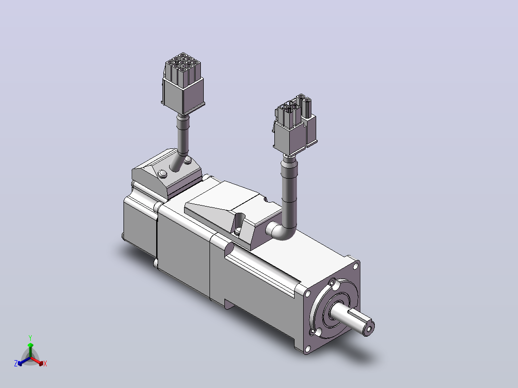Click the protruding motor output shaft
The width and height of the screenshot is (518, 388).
click(352, 318)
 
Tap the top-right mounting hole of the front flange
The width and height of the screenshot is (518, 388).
click(356, 265)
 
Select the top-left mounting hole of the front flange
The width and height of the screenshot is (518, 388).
click(308, 293)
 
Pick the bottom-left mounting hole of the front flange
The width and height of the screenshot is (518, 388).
click(308, 348)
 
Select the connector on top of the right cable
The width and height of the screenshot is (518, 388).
click(294, 125)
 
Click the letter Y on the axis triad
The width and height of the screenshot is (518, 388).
click(30, 338)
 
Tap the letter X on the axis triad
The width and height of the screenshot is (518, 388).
click(45, 364)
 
